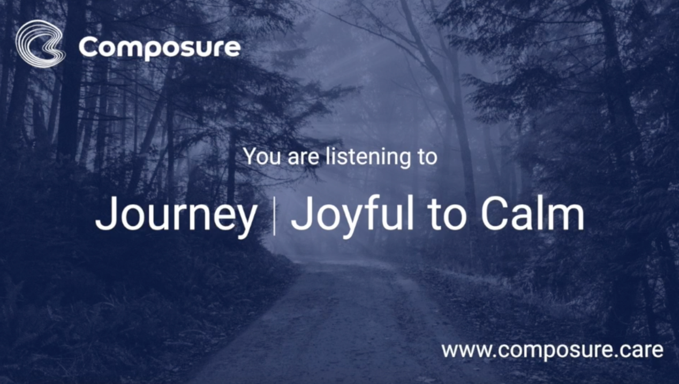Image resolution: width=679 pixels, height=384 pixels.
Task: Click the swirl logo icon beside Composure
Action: pyautogui.click(x=40, y=43)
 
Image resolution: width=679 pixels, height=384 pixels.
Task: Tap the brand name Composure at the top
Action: pyautogui.click(x=160, y=48)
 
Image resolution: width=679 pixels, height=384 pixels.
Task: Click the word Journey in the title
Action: pyautogui.click(x=176, y=216)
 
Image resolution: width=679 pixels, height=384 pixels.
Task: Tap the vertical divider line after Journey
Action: pyautogui.click(x=274, y=216)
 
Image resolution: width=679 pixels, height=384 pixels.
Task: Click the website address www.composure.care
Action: pyautogui.click(x=552, y=350)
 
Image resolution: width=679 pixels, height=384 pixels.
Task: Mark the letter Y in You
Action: pyautogui.click(x=251, y=156)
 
